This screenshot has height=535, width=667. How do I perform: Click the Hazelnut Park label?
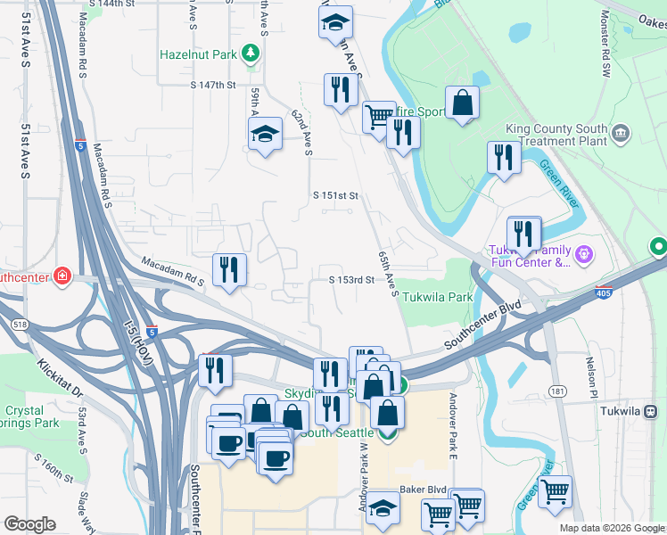point(198,54)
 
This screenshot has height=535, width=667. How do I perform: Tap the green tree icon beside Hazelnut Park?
point(251,54)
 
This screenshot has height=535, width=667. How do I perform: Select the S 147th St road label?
point(212,85)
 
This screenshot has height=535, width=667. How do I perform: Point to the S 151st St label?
point(335,195)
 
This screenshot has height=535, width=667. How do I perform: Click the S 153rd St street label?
point(350,280)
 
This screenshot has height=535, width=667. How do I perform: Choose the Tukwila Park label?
point(436,297)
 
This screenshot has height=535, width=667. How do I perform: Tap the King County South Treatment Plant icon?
point(622,135)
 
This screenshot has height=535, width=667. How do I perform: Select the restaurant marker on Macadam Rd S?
point(229,269)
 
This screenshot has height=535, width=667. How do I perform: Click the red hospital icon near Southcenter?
point(61,276)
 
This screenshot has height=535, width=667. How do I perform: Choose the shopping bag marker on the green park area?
point(463,103)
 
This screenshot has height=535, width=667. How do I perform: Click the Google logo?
point(29,524)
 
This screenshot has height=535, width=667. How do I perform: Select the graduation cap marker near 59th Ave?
point(264,136)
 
